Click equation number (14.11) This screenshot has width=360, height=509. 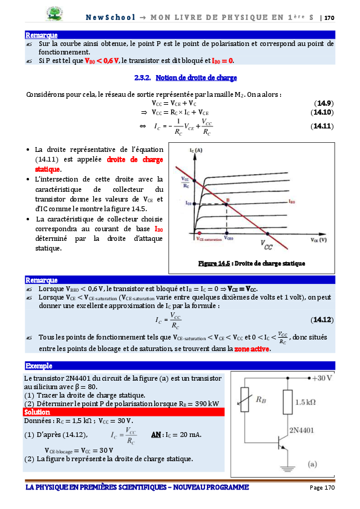322,126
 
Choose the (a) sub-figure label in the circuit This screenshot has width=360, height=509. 313,465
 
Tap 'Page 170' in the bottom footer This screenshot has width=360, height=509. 322,488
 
